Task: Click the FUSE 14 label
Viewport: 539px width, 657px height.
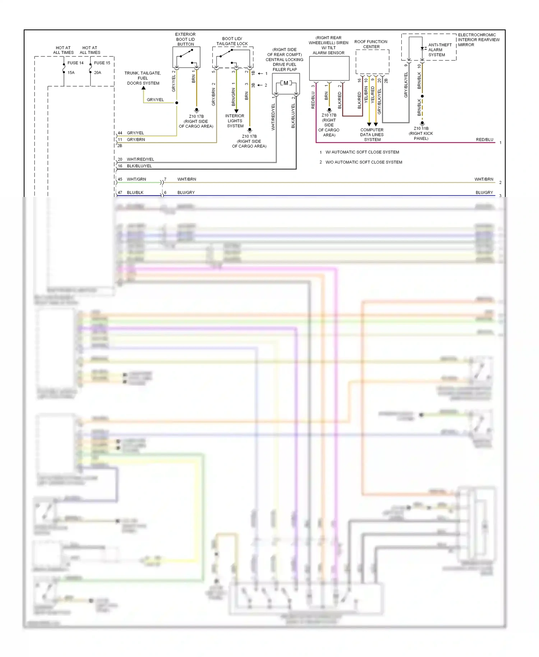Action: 75,63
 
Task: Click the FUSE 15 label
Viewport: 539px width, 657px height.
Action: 102,63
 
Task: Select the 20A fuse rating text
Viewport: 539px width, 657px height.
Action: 97,73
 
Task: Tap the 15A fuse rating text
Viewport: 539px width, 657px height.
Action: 71,73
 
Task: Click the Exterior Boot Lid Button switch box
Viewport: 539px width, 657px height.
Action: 186,57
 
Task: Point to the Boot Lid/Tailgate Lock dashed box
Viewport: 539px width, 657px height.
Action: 232,57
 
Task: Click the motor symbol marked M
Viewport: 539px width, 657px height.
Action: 286,83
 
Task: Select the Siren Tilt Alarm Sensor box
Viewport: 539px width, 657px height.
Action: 329,68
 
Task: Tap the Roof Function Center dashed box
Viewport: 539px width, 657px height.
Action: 372,62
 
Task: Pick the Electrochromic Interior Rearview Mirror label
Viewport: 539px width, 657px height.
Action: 478,40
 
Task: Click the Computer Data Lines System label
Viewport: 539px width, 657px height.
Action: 372,135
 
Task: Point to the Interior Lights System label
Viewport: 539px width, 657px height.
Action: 235,121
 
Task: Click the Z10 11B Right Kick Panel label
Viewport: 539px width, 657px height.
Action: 421,133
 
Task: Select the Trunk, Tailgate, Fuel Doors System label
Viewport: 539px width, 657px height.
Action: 143,78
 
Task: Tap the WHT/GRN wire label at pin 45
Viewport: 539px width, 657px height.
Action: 136,179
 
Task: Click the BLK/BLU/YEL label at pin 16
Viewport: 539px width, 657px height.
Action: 139,166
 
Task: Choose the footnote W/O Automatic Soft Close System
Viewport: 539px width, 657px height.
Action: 363,162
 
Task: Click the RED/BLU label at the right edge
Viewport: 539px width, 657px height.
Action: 484,139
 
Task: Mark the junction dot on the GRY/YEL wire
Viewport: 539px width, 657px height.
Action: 177,103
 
